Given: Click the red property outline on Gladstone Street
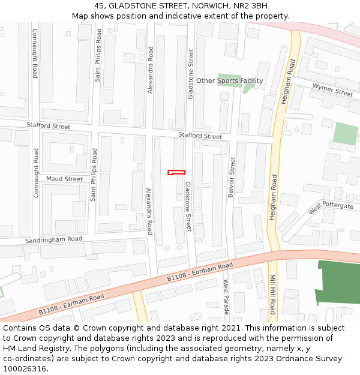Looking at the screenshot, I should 176,172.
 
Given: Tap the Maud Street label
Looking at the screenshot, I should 64,179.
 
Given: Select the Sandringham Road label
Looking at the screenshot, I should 53,239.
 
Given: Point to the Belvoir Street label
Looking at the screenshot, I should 231,178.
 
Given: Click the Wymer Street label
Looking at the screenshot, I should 332,90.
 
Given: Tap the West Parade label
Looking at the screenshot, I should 226,297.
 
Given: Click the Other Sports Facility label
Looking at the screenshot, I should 229,81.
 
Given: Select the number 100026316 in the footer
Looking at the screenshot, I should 26,368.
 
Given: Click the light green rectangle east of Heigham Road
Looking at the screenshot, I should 345,133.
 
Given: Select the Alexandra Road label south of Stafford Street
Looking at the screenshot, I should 149,211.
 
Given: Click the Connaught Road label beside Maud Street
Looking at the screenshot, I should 36,173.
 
